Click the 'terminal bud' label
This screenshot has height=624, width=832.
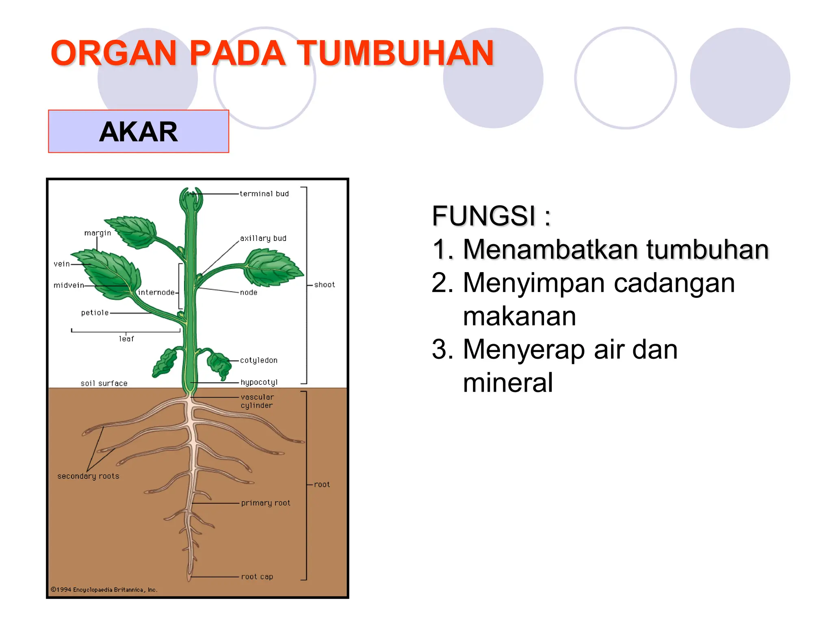click(264, 194)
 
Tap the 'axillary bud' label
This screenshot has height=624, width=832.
click(263, 238)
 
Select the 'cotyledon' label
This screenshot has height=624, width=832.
click(258, 360)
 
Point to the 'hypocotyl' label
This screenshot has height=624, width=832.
click(259, 382)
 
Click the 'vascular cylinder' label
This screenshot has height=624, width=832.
click(257, 401)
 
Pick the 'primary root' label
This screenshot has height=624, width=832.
click(266, 503)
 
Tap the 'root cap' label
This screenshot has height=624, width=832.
click(257, 576)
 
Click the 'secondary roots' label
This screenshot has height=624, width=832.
click(88, 476)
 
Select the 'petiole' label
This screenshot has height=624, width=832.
click(95, 313)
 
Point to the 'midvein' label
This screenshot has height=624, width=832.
click(69, 285)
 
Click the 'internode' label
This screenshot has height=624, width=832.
click(156, 292)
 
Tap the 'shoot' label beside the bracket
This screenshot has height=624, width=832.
click(324, 285)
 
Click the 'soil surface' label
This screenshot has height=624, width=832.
click(104, 383)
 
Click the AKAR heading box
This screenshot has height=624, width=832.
click(139, 132)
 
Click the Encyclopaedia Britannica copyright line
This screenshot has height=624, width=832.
click(104, 589)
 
